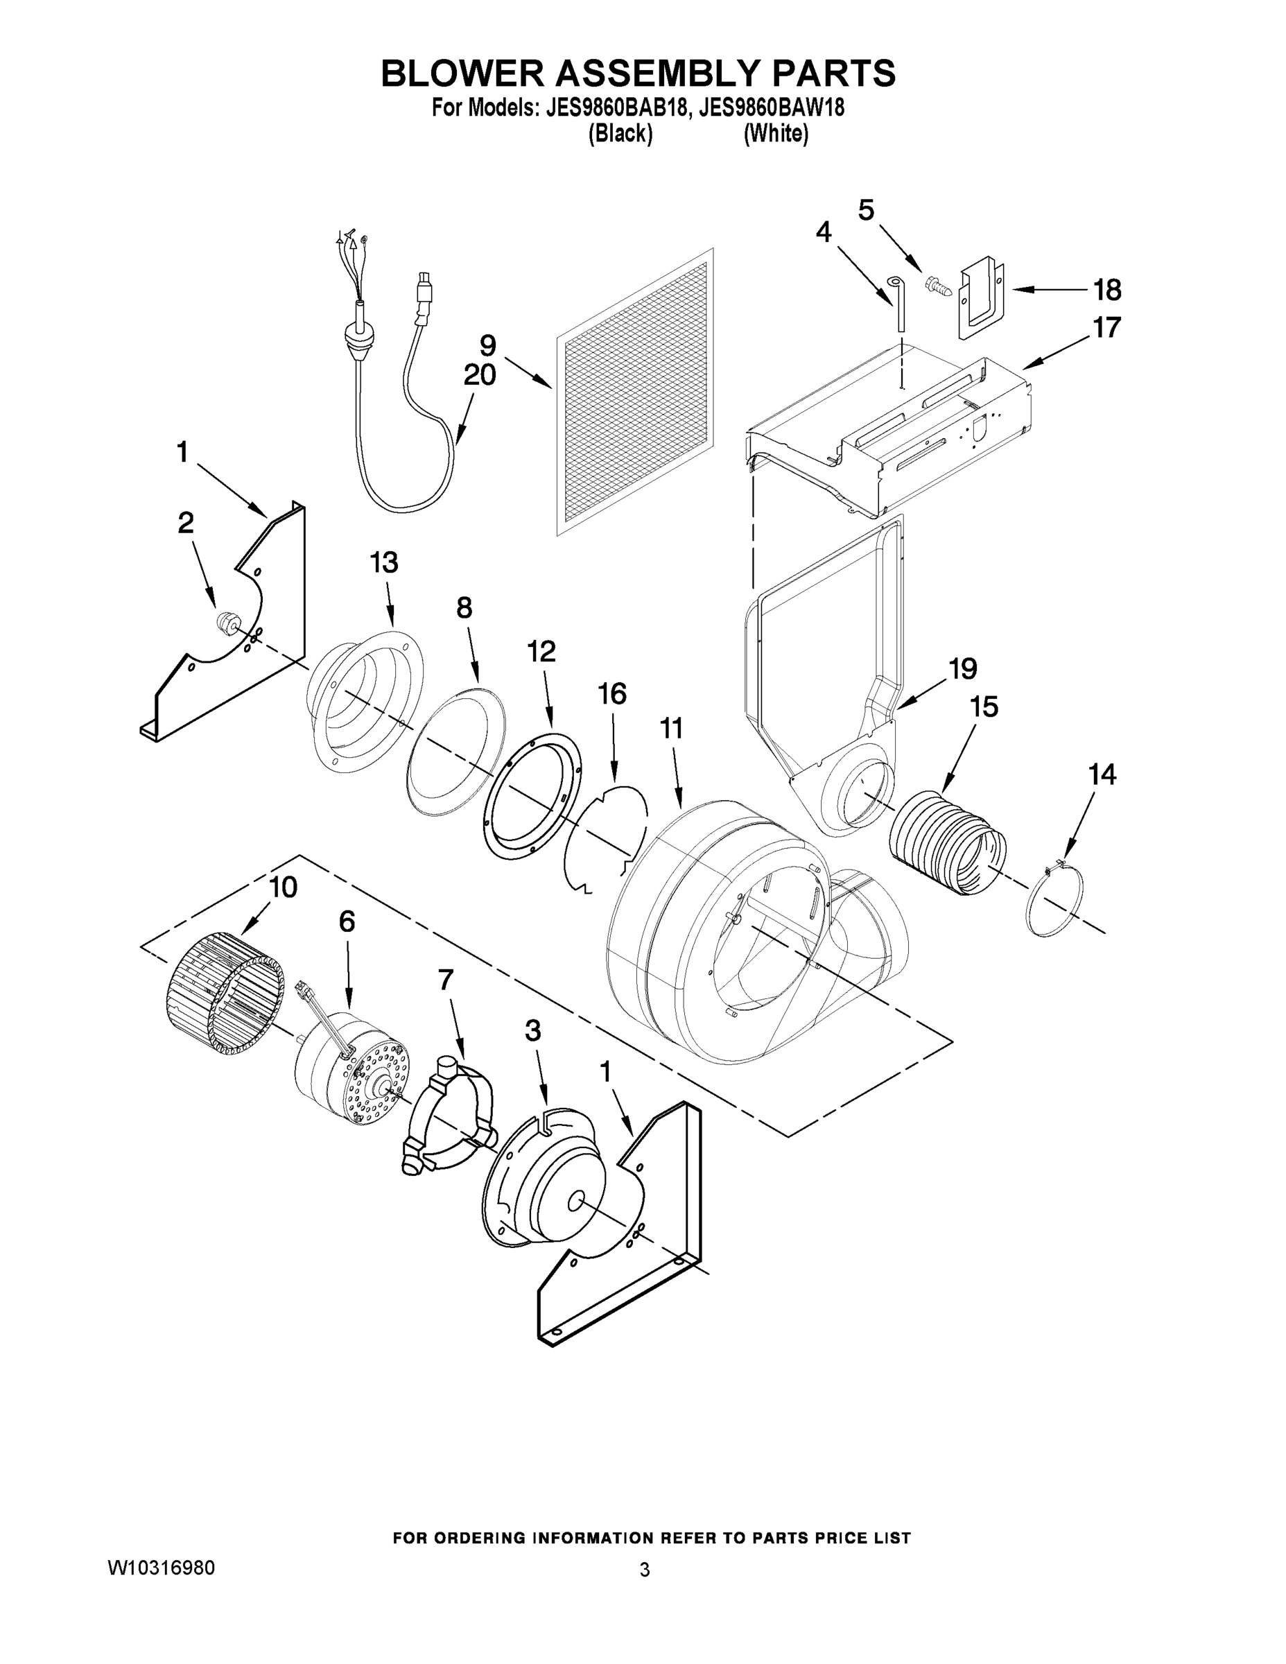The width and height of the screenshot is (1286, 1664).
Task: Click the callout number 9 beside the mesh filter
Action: pyautogui.click(x=487, y=345)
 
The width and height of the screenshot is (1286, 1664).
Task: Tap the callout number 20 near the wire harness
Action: pyautogui.click(x=479, y=375)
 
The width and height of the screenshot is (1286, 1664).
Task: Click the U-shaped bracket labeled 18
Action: pyautogui.click(x=980, y=299)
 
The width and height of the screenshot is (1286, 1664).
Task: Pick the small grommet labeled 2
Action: pyautogui.click(x=225, y=621)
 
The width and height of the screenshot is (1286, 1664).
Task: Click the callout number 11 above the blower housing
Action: pyautogui.click(x=670, y=729)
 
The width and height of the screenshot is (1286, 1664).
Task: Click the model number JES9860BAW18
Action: pyautogui.click(x=771, y=108)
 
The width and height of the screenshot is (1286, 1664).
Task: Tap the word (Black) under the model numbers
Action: pyautogui.click(x=620, y=134)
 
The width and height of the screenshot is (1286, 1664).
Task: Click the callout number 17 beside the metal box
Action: pyautogui.click(x=1106, y=328)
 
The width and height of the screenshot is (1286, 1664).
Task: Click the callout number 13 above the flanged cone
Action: pyautogui.click(x=384, y=563)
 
